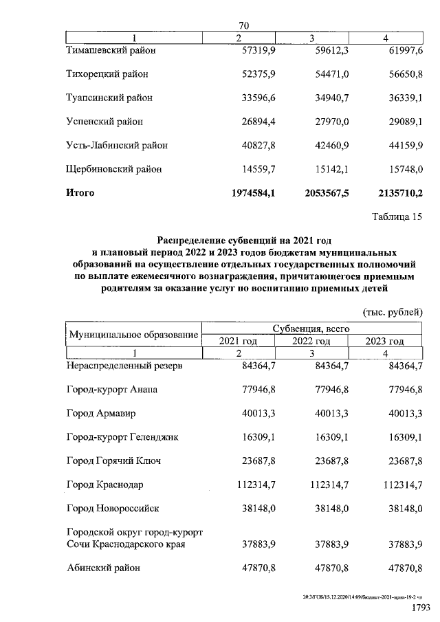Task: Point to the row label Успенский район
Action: [104, 122]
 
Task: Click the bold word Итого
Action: [80, 193]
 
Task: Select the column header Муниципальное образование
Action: [133, 335]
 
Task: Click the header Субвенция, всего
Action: [311, 329]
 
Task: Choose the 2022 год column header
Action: [311, 341]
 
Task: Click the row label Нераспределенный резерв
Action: [124, 366]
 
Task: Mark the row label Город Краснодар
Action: [104, 485]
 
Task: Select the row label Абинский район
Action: [103, 568]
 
